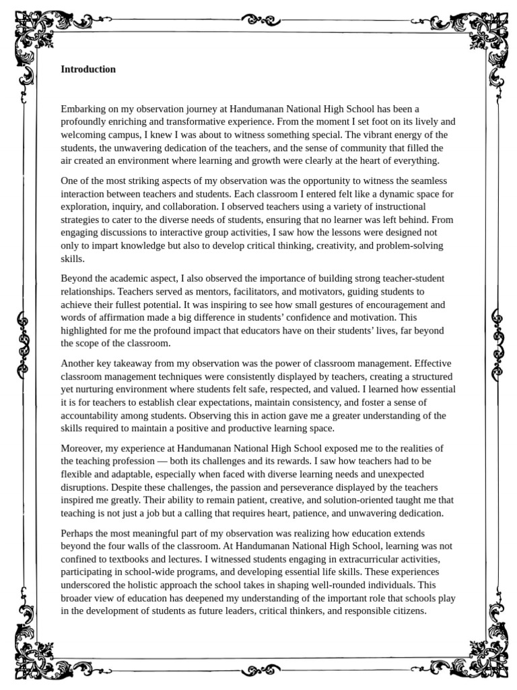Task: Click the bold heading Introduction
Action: coord(88,69)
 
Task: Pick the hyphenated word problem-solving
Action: coord(411,246)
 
